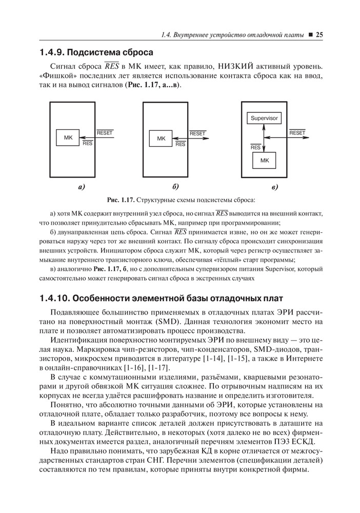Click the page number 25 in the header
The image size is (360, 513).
[318, 35]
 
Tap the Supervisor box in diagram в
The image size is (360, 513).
[264, 119]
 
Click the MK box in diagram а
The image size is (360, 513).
[68, 139]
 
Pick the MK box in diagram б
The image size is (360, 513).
[161, 139]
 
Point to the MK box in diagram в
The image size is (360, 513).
[265, 161]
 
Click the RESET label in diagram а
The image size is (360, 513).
[105, 133]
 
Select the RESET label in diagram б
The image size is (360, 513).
[197, 133]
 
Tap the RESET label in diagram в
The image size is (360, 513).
[297, 133]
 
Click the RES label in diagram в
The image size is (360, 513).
[255, 148]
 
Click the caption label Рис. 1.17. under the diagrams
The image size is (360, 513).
[119, 200]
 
